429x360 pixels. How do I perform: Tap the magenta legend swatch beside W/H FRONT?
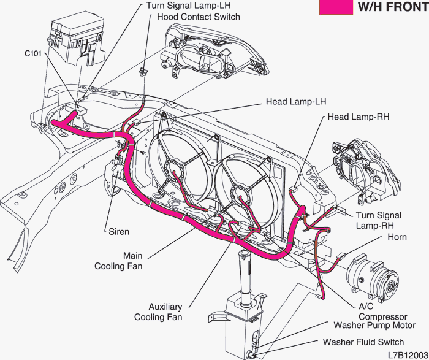pos(336,7)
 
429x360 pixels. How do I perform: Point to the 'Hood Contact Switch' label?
pos(199,17)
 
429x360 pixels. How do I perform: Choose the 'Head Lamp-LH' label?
pos(292,101)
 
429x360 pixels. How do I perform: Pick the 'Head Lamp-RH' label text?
pos(359,117)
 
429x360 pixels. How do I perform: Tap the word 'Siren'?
pos(118,232)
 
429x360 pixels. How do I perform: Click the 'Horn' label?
pos(397,237)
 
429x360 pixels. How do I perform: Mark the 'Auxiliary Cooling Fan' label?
pos(158,312)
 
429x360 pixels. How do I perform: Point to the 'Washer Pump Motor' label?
pos(374,326)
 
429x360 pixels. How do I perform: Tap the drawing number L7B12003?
pos(408,354)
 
